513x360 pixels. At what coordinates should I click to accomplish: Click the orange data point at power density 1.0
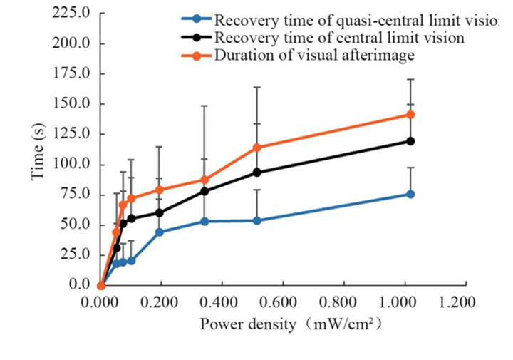(410, 114)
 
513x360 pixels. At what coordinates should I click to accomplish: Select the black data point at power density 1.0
(410, 141)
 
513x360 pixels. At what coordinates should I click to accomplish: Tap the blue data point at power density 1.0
(410, 194)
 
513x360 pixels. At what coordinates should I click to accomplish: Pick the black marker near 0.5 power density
(257, 173)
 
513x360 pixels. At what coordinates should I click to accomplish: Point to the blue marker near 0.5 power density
(257, 221)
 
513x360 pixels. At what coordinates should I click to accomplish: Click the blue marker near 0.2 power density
(160, 232)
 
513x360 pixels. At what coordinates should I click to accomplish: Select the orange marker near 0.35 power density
(205, 180)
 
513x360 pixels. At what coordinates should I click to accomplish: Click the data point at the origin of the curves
(101, 285)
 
